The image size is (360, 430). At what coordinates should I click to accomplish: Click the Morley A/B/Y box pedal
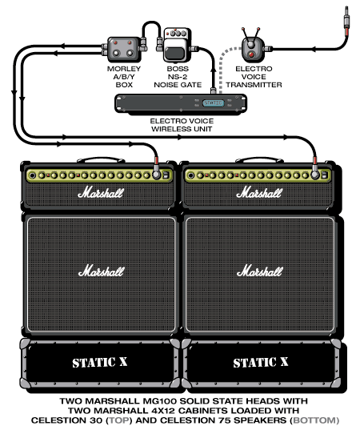[x=123, y=50]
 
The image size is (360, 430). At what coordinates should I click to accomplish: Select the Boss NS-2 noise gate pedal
[x=177, y=46]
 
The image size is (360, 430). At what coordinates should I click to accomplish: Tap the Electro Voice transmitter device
[x=254, y=46]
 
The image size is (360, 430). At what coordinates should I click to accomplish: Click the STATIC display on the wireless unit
[x=213, y=102]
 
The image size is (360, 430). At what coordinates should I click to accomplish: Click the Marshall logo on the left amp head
[x=101, y=192]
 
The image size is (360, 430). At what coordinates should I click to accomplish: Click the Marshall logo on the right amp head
[x=259, y=192]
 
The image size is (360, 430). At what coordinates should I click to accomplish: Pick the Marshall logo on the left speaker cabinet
[x=101, y=271]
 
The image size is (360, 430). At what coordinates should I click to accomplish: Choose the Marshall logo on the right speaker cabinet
[x=260, y=271]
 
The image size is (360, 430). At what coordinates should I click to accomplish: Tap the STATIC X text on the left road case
[x=100, y=362]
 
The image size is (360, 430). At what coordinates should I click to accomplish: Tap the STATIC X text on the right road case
[x=261, y=362]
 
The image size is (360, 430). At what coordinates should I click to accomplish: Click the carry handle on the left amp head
[x=100, y=159]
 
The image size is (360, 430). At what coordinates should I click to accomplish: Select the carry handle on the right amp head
[x=259, y=159]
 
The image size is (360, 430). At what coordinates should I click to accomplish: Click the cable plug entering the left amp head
[x=157, y=168]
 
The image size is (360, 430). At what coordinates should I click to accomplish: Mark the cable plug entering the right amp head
[x=315, y=168]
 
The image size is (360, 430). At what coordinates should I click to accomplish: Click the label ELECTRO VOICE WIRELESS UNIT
[x=182, y=125]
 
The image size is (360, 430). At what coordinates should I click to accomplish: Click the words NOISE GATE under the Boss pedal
[x=178, y=85]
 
